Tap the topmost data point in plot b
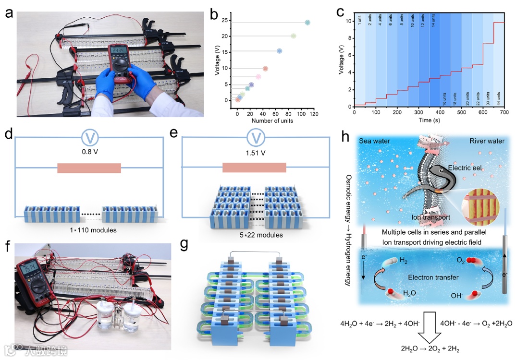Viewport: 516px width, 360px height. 307,23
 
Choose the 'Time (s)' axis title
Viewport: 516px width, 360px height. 428,120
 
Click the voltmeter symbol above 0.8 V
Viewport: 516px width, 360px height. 89,138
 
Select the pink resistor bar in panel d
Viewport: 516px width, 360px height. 89,168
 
